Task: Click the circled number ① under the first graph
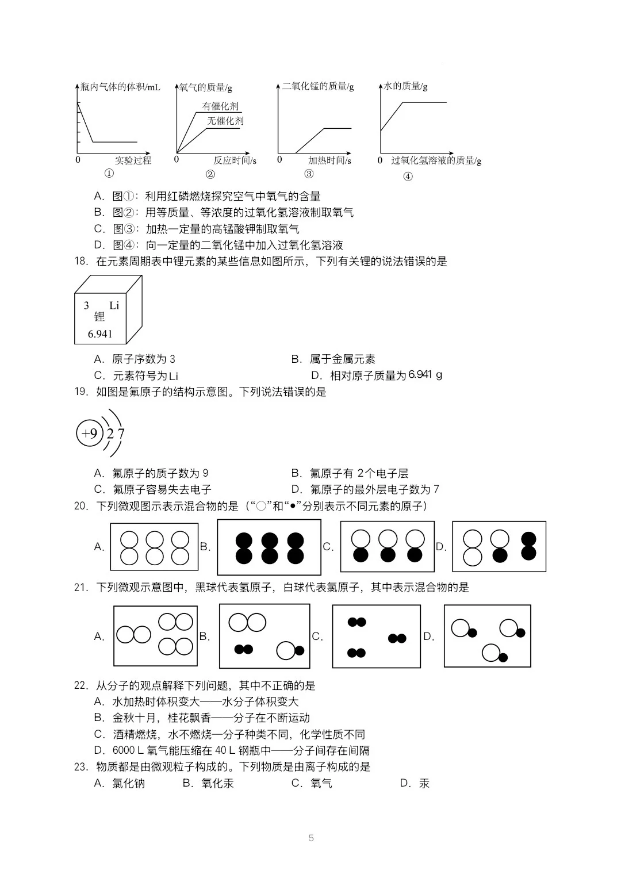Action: click(109, 174)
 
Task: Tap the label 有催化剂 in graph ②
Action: click(220, 106)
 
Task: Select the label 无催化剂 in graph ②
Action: click(225, 121)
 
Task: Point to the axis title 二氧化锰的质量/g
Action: click(318, 87)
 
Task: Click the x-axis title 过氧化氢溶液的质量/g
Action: click(436, 160)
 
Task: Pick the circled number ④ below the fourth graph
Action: click(408, 177)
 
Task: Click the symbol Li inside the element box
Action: click(114, 306)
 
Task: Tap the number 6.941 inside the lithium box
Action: click(100, 334)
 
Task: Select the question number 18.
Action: click(80, 262)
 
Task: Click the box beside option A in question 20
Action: click(154, 547)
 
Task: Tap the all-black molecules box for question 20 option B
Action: click(269, 547)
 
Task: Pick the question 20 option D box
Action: click(499, 547)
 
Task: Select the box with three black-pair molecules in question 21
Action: click(376, 637)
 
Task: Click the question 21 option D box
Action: click(488, 636)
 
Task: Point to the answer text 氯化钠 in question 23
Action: click(128, 783)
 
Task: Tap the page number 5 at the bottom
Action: click(311, 838)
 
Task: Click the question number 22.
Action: click(80, 685)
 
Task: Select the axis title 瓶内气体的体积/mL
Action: click(120, 87)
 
